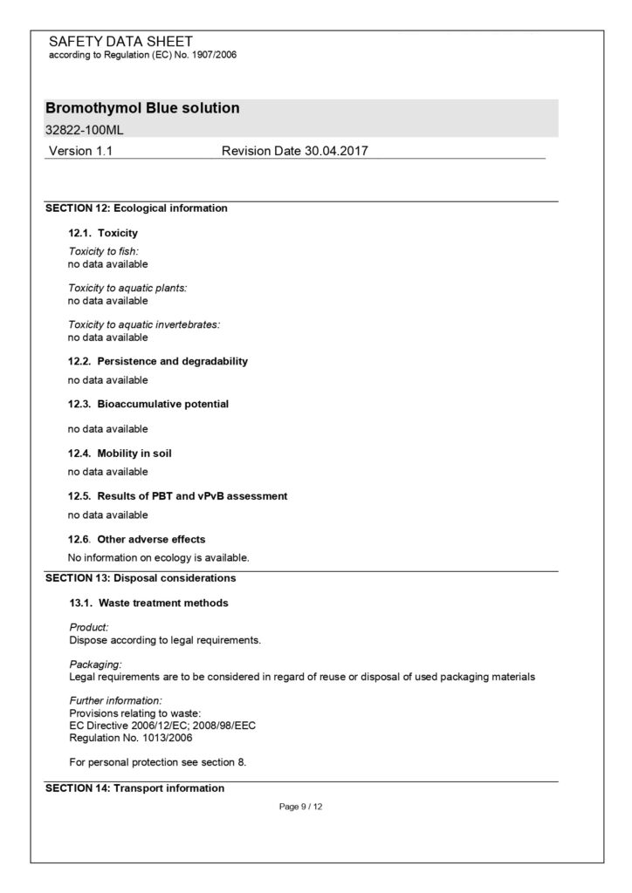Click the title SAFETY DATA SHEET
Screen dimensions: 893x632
[120, 41]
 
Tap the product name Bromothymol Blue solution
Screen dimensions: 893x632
[142, 108]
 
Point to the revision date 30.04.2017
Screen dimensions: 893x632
[295, 151]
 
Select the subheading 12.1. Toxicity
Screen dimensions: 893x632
[103, 234]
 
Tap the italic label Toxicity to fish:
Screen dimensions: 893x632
[104, 251]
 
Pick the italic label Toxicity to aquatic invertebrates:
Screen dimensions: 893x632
[144, 324]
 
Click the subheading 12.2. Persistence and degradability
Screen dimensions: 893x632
[158, 361]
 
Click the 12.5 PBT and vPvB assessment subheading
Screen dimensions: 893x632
[178, 496]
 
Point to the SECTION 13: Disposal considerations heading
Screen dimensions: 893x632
[141, 577]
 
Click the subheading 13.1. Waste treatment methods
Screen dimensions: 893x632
[149, 603]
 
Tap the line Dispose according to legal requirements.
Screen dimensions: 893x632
[164, 639]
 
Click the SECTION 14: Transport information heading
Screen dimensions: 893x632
[134, 788]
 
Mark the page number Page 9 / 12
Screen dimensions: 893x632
[301, 807]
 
